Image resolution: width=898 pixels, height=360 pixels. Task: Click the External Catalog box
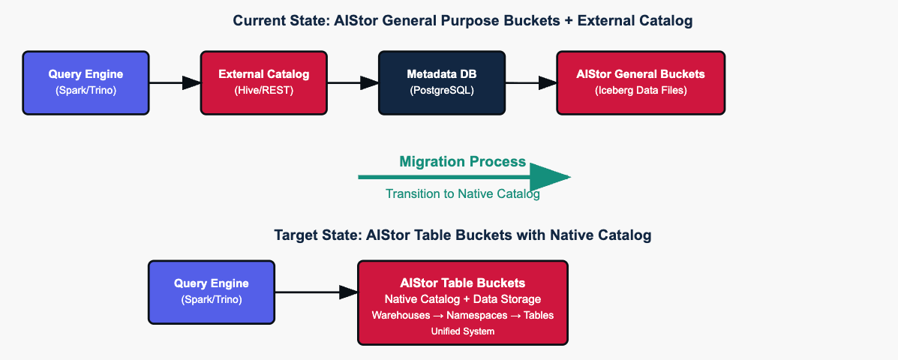[x=263, y=82]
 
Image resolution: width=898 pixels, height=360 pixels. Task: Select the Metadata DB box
[x=442, y=82]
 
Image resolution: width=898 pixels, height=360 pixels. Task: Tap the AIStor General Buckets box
[x=641, y=82]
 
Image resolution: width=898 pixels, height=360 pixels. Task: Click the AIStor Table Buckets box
[x=462, y=302]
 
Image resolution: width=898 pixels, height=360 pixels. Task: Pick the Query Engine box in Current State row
[x=86, y=82]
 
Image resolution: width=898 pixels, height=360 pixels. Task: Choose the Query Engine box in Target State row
[x=211, y=292]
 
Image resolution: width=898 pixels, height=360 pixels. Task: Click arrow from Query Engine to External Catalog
[x=175, y=82]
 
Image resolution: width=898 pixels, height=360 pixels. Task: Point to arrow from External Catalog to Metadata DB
[x=353, y=82]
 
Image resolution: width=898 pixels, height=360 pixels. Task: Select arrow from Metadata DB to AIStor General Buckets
[x=531, y=82]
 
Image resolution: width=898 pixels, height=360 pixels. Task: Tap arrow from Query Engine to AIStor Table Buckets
[x=316, y=292]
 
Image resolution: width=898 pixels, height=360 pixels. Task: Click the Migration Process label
[x=462, y=161]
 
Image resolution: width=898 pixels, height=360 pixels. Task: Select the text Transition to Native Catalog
[x=462, y=193]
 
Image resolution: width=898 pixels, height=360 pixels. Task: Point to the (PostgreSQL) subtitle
[x=442, y=91]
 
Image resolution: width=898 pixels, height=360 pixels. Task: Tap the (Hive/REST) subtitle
[x=263, y=91]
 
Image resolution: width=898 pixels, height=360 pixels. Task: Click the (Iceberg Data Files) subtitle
[x=641, y=91]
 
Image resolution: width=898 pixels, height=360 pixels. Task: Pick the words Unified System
[x=462, y=331]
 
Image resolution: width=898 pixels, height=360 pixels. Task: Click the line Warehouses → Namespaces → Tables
[x=462, y=315]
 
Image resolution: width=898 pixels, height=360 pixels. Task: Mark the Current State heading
[x=462, y=21]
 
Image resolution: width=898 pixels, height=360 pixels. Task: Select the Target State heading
[x=462, y=235]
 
